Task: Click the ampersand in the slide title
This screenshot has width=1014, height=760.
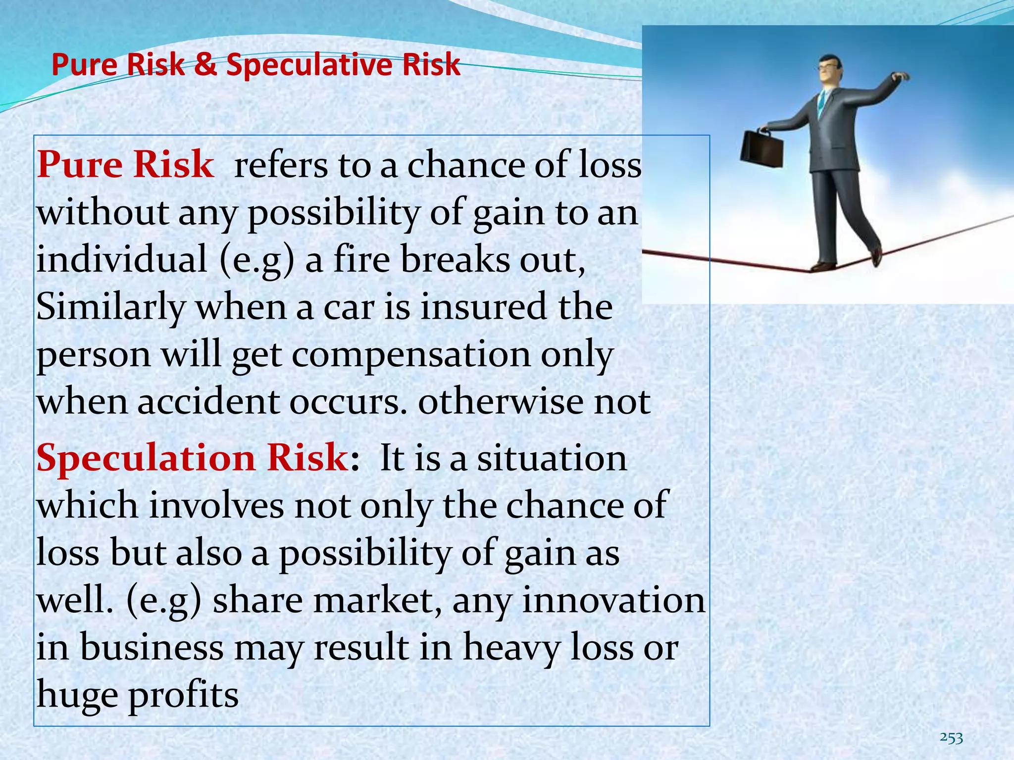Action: (x=205, y=65)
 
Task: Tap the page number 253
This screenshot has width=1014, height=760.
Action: (x=951, y=738)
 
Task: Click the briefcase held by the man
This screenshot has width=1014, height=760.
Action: (x=762, y=151)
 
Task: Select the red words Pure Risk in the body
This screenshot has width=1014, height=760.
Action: (x=125, y=165)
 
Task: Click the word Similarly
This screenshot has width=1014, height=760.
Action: (x=111, y=307)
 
